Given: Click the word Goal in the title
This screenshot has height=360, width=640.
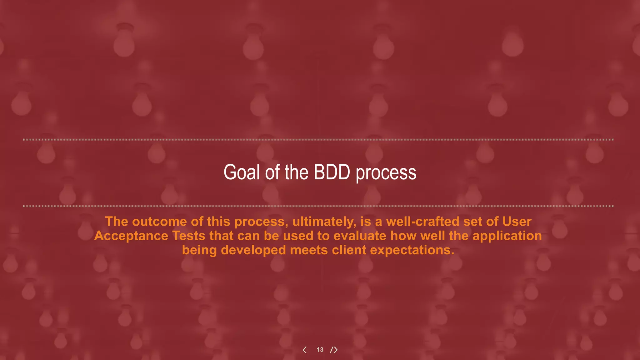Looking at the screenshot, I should pos(242,172).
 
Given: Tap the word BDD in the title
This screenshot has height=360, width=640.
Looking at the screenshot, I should pos(332,172).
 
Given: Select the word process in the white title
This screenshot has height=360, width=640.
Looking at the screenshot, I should pos(386,173).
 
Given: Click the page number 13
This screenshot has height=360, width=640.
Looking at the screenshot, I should pos(320,350).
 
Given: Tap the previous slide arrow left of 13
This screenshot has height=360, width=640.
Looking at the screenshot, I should pos(305,350).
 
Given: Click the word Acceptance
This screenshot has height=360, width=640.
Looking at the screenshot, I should pos(131,236).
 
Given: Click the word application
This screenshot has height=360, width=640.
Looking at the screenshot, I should pos(507,236).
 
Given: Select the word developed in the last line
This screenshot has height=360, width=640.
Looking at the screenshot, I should pos(253,250).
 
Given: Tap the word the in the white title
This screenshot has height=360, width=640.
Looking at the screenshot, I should pos(297,172).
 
